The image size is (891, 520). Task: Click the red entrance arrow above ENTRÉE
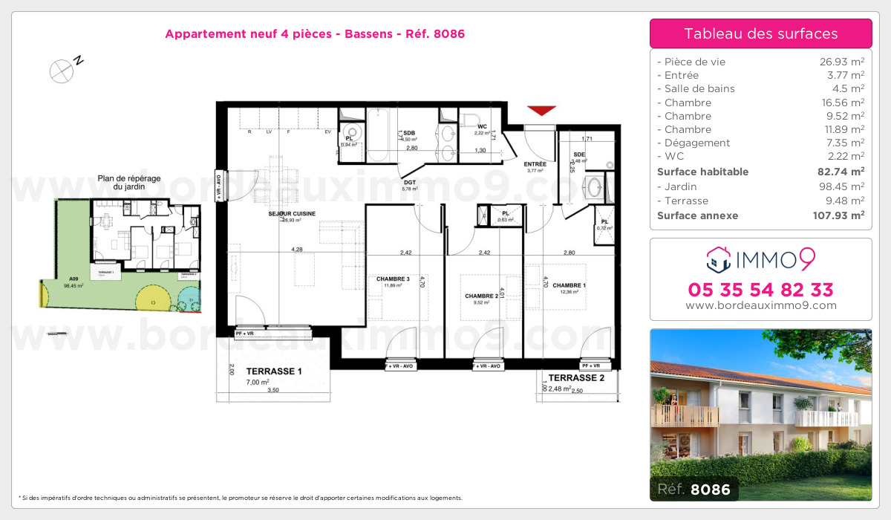pos(542,111)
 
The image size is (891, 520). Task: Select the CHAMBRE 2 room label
pos(480,296)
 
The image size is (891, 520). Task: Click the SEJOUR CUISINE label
pos(292,213)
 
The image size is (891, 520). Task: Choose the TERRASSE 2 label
pos(572,377)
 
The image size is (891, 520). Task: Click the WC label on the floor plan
pos(481,126)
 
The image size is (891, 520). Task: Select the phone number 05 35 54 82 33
pos(760,290)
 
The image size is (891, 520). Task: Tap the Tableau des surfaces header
pos(760,33)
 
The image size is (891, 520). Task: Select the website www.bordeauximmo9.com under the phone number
pos(760,305)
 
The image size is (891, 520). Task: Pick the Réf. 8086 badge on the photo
pos(694,490)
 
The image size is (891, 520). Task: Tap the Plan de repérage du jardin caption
pos(123,183)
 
